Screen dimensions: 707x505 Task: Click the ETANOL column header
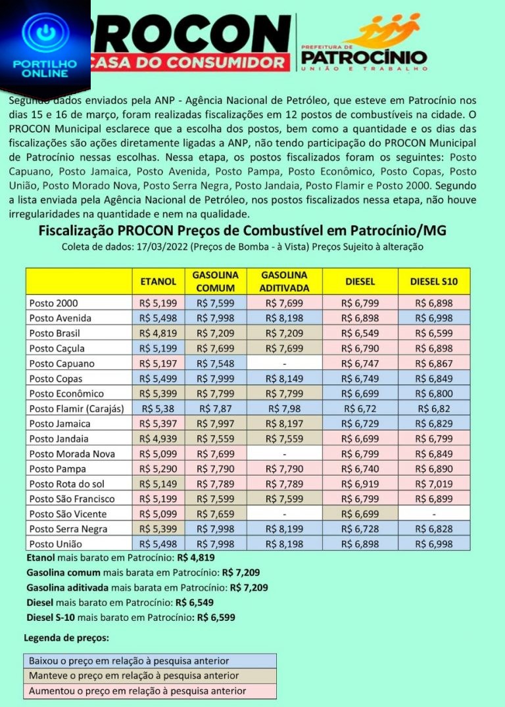click(x=158, y=281)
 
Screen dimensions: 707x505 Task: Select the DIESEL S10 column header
click(x=434, y=281)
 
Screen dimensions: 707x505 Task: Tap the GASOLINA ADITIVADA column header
click(x=284, y=281)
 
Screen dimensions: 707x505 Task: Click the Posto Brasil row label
click(x=55, y=333)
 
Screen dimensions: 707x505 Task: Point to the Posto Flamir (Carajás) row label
click(x=77, y=409)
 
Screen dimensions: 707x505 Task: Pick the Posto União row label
click(x=54, y=544)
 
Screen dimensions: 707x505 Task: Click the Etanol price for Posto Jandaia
click(x=158, y=439)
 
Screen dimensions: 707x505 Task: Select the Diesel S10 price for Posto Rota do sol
click(x=434, y=484)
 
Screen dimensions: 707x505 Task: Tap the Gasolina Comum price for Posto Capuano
click(x=216, y=363)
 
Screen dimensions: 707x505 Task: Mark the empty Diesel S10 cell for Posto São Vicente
click(x=434, y=514)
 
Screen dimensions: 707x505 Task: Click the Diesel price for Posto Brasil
click(x=360, y=333)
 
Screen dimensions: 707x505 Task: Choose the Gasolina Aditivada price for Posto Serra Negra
click(x=284, y=529)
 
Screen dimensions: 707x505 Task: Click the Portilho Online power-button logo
click(x=45, y=36)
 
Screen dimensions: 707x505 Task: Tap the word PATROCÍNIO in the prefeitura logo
click(x=364, y=57)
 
